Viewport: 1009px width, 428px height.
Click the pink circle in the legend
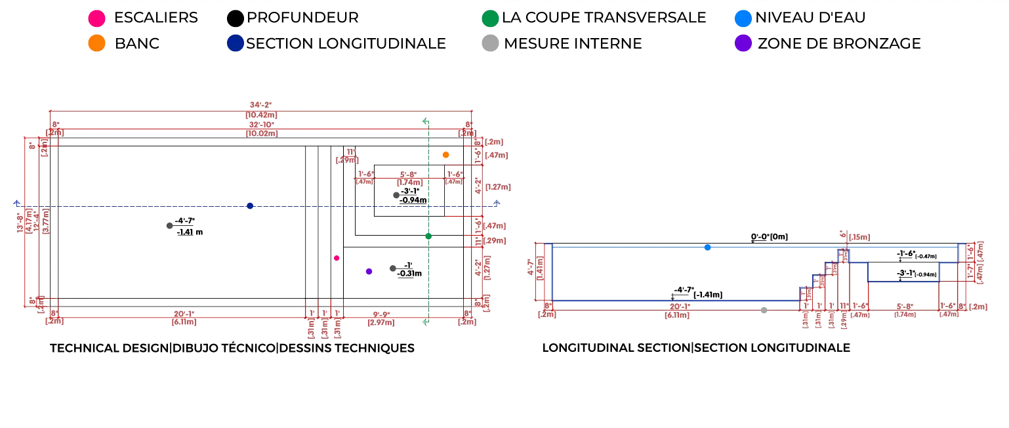(x=96, y=18)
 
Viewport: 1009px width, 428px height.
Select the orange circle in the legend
(x=96, y=44)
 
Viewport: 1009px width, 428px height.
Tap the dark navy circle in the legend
(x=236, y=44)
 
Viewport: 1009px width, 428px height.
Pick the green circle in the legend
(x=489, y=18)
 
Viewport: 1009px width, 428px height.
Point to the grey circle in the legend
(x=489, y=44)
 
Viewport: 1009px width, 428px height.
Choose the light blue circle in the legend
(x=743, y=18)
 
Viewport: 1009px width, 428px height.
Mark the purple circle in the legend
(x=743, y=44)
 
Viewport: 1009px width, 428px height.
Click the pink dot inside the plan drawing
(x=337, y=258)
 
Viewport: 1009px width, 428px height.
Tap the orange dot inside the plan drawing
(x=446, y=155)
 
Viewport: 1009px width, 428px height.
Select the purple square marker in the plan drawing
(x=368, y=272)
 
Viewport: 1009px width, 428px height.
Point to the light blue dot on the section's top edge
(x=707, y=247)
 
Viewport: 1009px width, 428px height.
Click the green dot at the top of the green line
(x=425, y=121)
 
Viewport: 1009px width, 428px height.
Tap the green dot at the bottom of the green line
(x=425, y=322)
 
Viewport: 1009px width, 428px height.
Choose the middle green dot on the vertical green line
(x=428, y=236)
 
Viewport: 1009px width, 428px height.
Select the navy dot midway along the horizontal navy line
(x=251, y=205)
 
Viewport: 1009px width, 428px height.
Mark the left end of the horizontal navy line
(x=16, y=203)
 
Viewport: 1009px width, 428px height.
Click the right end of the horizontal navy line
(x=499, y=203)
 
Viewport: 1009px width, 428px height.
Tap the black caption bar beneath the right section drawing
(x=695, y=347)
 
